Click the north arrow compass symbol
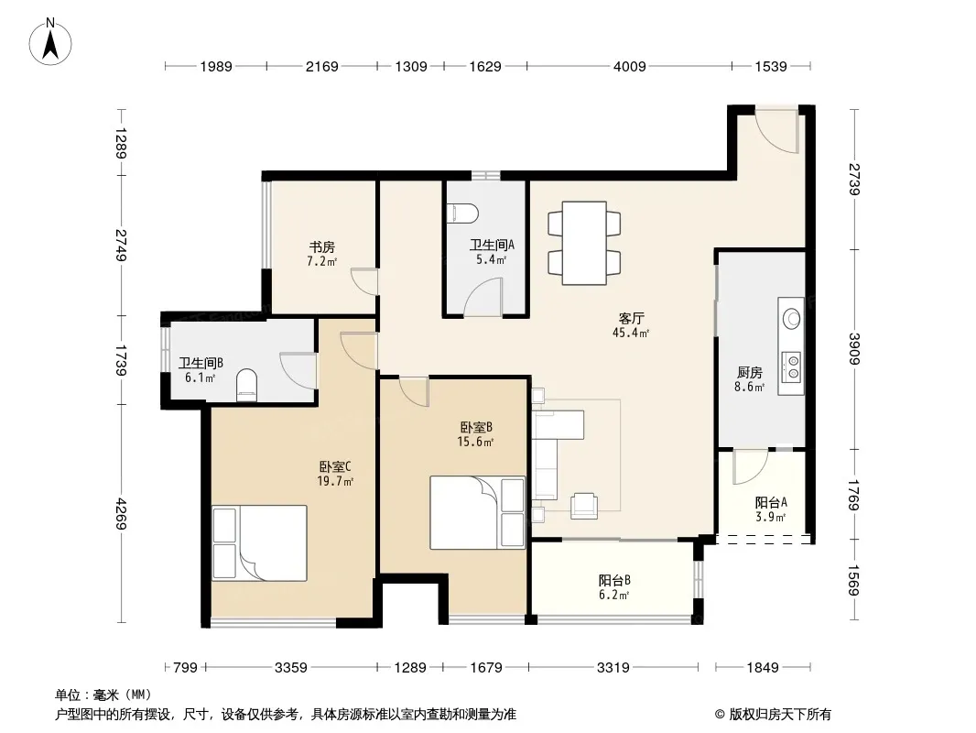click(50, 41)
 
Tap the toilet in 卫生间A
click(462, 213)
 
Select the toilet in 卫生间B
click(246, 383)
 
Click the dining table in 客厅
click(584, 243)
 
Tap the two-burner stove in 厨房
click(792, 366)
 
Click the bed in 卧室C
click(259, 542)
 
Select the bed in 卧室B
click(477, 512)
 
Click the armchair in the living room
click(584, 505)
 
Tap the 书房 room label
click(322, 247)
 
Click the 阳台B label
click(614, 580)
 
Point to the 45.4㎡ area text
click(631, 334)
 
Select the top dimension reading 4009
click(629, 66)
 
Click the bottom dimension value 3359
click(290, 668)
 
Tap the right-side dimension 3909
click(854, 349)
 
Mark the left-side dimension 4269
click(120, 514)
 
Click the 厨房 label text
click(750, 372)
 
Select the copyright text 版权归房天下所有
click(780, 715)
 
